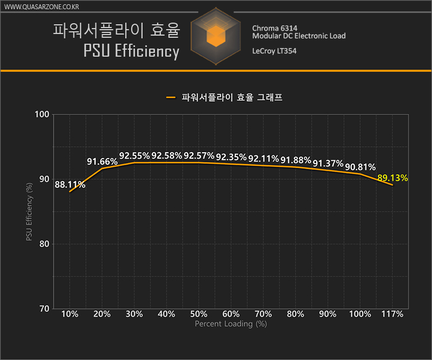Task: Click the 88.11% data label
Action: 70,185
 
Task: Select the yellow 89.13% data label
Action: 393,178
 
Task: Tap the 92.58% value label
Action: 167,156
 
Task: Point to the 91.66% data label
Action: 103,161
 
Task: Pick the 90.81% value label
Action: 360,167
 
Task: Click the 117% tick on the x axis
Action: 392,314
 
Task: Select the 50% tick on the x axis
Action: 199,314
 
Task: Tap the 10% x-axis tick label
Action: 70,314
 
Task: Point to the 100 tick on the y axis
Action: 43,114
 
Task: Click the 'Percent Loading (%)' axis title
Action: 231,324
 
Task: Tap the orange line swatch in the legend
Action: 171,98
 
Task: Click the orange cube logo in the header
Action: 215,36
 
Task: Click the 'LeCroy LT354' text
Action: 274,51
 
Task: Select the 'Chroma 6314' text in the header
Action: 274,28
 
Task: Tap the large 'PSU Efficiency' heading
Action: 131,51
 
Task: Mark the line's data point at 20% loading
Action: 102,169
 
